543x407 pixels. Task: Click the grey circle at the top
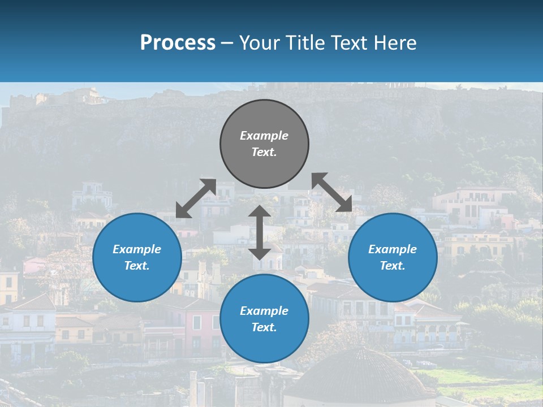point(264,144)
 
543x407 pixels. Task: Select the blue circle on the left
point(137,257)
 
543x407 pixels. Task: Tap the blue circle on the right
point(393,257)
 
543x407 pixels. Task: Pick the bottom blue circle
point(264,319)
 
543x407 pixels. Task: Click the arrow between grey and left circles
point(196,198)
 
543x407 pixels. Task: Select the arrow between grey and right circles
point(332,192)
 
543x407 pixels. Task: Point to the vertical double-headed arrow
point(260,232)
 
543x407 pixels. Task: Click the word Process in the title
point(178,42)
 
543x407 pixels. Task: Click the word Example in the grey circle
point(264,136)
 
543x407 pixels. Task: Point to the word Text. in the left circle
point(137,266)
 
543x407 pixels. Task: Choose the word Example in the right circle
point(393,249)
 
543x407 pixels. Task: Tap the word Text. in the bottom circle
point(264,327)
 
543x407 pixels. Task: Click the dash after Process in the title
point(227,43)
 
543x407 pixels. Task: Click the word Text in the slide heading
point(348,42)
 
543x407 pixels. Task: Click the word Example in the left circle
point(137,249)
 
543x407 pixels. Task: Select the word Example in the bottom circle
point(264,311)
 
